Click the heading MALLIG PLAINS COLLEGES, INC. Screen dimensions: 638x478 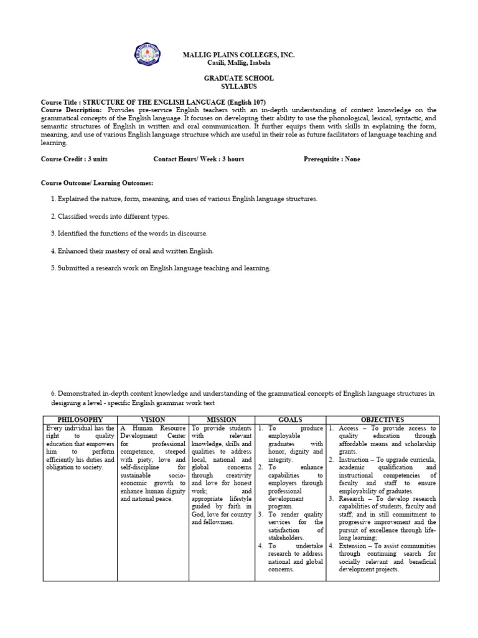[238, 55]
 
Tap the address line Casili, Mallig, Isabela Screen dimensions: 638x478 [238, 64]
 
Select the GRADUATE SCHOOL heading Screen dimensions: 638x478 [238, 79]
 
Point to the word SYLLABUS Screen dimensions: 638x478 [238, 87]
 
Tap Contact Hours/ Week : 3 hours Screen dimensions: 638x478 [199, 159]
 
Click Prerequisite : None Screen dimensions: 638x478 [332, 159]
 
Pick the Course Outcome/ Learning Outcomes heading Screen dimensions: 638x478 [96, 183]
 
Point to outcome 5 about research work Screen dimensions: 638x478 [161, 268]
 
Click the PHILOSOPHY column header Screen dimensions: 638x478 [80, 420]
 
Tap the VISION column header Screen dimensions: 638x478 [152, 420]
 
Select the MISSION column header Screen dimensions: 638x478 [221, 420]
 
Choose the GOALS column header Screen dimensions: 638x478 [291, 420]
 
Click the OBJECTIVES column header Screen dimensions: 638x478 [382, 420]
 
